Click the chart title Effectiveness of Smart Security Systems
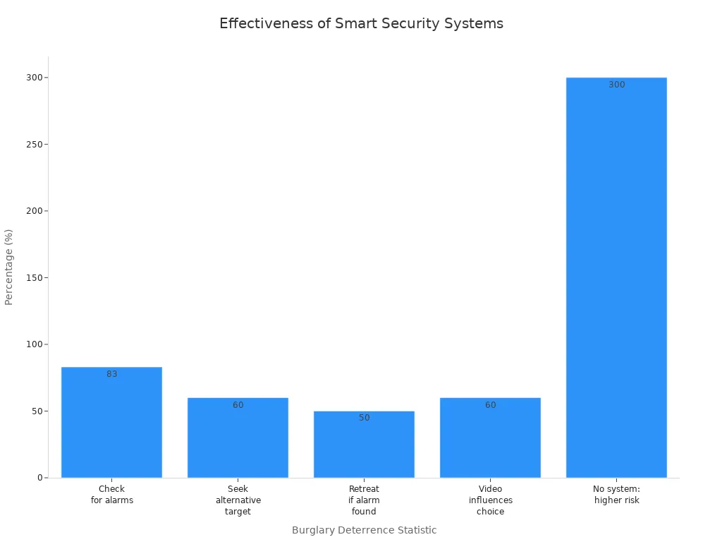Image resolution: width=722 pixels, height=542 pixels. coord(361,23)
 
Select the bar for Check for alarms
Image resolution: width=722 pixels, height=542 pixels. coord(111,423)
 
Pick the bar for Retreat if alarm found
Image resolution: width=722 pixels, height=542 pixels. coord(364,445)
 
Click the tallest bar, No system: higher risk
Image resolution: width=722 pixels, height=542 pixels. coord(616,282)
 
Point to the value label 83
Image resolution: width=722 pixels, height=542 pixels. coord(112,374)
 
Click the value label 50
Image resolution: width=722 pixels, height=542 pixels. coord(364,418)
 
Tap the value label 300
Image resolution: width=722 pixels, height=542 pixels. coord(616,85)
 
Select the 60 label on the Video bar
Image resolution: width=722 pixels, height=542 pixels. coord(490,405)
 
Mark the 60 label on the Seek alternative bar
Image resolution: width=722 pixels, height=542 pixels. coord(238,405)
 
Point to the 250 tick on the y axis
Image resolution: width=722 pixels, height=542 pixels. coord(32,144)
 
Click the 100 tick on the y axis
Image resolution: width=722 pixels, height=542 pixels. coord(32,344)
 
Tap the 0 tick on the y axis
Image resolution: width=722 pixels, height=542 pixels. coord(40,478)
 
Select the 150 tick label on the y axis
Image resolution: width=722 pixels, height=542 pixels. coord(32,277)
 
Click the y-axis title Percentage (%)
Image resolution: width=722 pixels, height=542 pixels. coord(9,267)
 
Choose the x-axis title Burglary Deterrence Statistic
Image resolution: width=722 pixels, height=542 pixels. coord(364,530)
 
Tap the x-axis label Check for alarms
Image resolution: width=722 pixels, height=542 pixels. coord(111,494)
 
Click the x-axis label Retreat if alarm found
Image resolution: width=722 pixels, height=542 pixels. coord(364,500)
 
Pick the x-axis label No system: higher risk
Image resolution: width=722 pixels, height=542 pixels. coord(616,494)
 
